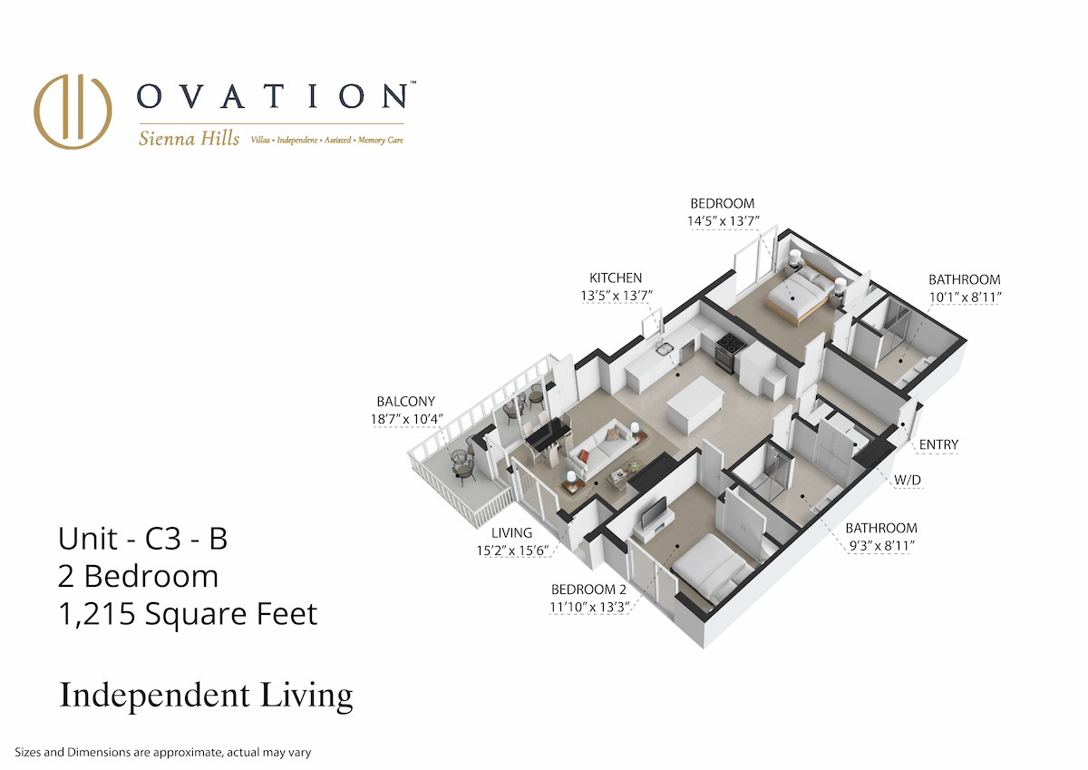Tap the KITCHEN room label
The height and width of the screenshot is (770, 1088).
(616, 278)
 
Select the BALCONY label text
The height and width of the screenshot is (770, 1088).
(405, 401)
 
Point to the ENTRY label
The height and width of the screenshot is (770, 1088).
(938, 444)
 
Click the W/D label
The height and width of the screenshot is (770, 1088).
(908, 480)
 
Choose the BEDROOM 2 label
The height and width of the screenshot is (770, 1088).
(588, 590)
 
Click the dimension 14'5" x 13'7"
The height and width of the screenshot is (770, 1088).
(724, 221)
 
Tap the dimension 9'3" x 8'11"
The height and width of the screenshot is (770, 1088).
(881, 546)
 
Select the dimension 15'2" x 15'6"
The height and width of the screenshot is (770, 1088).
(512, 551)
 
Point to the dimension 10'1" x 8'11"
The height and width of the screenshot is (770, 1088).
(965, 297)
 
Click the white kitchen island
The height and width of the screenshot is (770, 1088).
(695, 405)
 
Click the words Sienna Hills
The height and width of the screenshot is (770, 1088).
(189, 139)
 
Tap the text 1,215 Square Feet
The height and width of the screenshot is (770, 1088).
(188, 614)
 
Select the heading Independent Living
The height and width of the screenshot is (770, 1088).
(206, 696)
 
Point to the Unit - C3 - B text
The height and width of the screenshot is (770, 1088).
(143, 538)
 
